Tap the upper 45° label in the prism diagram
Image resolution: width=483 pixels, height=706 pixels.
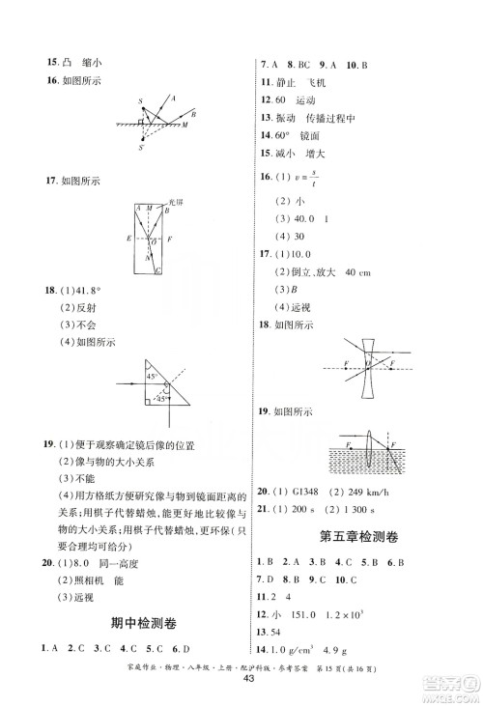click(152, 377)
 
